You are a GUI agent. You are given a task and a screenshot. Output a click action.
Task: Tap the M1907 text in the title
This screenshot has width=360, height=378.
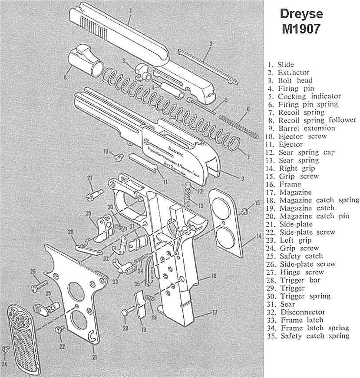(x=301, y=29)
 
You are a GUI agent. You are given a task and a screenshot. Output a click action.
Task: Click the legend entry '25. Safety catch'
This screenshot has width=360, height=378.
(x=301, y=256)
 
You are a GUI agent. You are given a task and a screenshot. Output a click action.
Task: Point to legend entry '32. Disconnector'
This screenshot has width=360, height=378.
(x=303, y=312)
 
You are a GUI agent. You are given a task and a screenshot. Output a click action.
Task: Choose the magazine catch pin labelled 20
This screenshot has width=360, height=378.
(x=125, y=312)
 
